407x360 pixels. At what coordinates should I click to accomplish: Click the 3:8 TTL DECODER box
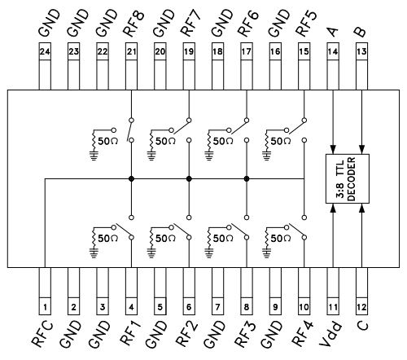point(348,178)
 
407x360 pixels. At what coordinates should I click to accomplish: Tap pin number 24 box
point(45,51)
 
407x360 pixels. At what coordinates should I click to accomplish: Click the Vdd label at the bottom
point(330,334)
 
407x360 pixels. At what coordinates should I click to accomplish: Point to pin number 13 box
point(361,51)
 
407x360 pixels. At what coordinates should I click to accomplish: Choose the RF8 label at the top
point(133,24)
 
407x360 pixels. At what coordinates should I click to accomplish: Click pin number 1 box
point(45,306)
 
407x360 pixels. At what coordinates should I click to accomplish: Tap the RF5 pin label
point(306,24)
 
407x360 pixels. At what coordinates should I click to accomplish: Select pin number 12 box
point(361,306)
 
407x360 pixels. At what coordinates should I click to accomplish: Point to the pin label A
point(333,32)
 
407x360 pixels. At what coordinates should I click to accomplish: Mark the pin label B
point(361,32)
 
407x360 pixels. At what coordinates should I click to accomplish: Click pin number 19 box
point(189,51)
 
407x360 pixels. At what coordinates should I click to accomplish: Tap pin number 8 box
point(247,306)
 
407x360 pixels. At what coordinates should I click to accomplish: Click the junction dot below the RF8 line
point(131,178)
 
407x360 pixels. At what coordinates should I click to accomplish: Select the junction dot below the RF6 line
point(247,178)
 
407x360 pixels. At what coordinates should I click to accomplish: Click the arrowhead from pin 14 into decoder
point(333,150)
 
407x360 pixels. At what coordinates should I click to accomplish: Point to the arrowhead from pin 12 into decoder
point(361,208)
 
